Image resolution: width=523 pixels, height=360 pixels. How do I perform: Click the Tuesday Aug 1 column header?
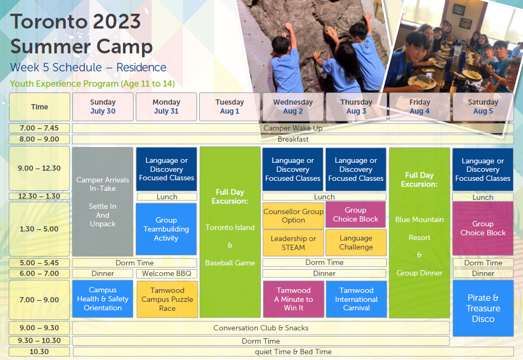pos(229,107)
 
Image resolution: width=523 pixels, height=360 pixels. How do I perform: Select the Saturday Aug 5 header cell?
pos(483,107)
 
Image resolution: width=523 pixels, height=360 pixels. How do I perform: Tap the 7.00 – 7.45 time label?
pos(40,128)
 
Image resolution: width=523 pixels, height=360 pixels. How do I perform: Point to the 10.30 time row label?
pos(40,352)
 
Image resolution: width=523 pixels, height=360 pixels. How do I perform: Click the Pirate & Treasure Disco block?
pos(483,308)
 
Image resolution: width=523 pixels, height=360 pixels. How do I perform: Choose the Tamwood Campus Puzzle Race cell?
pos(167,299)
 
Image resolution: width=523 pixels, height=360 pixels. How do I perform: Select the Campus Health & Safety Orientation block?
pos(102,299)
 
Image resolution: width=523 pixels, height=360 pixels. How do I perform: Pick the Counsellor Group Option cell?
pos(293,216)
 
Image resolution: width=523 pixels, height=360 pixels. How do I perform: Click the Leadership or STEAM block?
pos(293,243)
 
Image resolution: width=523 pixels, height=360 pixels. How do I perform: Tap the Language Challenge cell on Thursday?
pos(356,243)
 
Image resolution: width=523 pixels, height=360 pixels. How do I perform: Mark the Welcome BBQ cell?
pos(167,274)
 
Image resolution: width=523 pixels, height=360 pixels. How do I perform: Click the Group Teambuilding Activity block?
pos(166,229)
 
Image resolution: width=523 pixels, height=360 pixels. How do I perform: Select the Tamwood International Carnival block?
pos(356,299)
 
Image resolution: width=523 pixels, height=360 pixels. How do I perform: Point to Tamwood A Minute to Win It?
pos(294,299)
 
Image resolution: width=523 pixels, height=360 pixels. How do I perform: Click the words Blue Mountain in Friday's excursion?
pos(419,219)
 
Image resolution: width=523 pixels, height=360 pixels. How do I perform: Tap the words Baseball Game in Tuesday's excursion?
pos(230,263)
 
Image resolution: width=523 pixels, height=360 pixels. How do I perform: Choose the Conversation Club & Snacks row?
pos(261,328)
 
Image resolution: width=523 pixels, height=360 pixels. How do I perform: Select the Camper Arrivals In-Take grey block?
pos(102,201)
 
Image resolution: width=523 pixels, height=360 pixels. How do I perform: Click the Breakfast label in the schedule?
pos(293,139)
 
